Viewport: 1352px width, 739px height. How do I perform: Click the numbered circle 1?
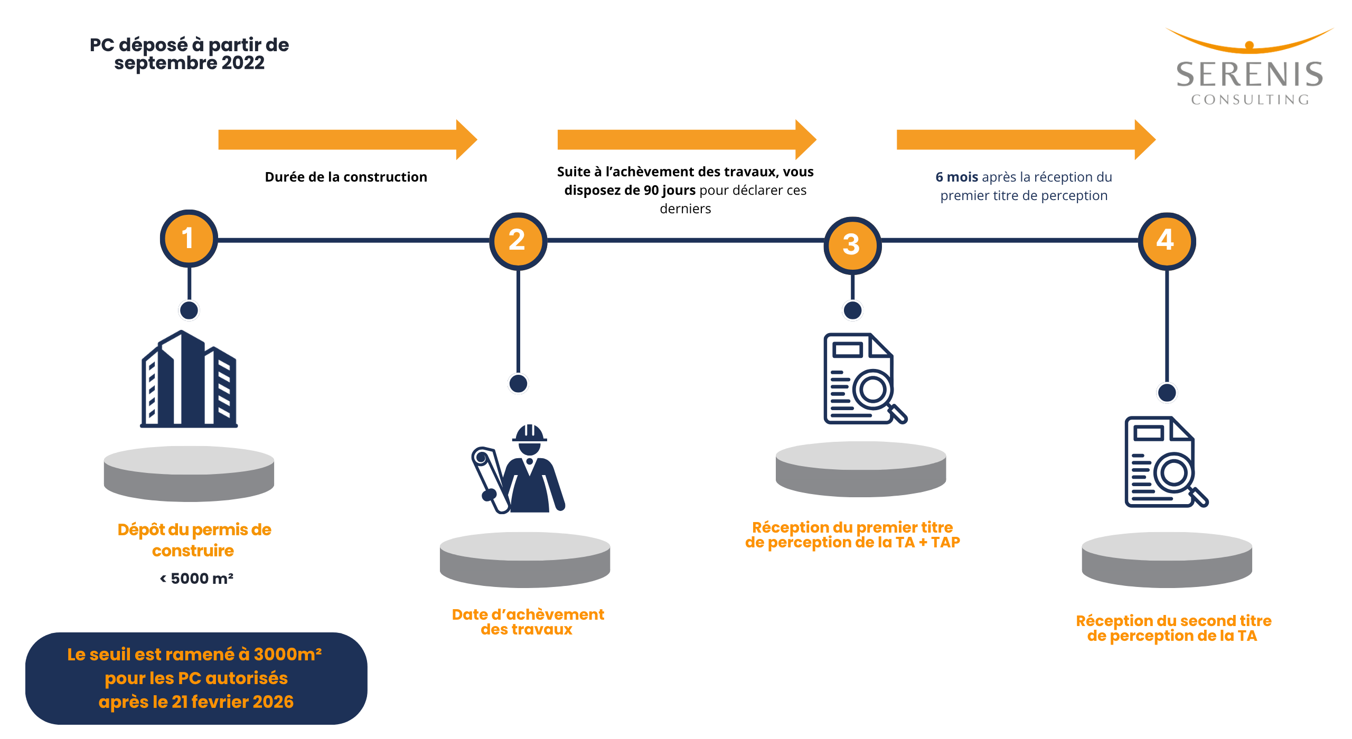(189, 239)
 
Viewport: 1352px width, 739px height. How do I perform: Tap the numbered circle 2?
(518, 241)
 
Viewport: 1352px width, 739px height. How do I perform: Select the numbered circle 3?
(852, 245)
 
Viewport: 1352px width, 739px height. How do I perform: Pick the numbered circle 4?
(1167, 241)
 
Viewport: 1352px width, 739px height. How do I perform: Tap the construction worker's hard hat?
(530, 433)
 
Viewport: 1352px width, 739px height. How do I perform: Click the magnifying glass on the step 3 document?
(877, 393)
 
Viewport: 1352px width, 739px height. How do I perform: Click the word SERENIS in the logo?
(1249, 74)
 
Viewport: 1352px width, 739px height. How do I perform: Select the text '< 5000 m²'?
(196, 579)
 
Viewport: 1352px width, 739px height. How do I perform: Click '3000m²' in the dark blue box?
(287, 655)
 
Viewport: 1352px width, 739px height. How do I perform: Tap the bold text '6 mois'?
(956, 177)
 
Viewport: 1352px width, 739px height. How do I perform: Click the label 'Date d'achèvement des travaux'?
(528, 622)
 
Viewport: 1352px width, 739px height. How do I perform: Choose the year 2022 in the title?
(242, 63)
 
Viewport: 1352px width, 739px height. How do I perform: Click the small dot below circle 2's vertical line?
(518, 384)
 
